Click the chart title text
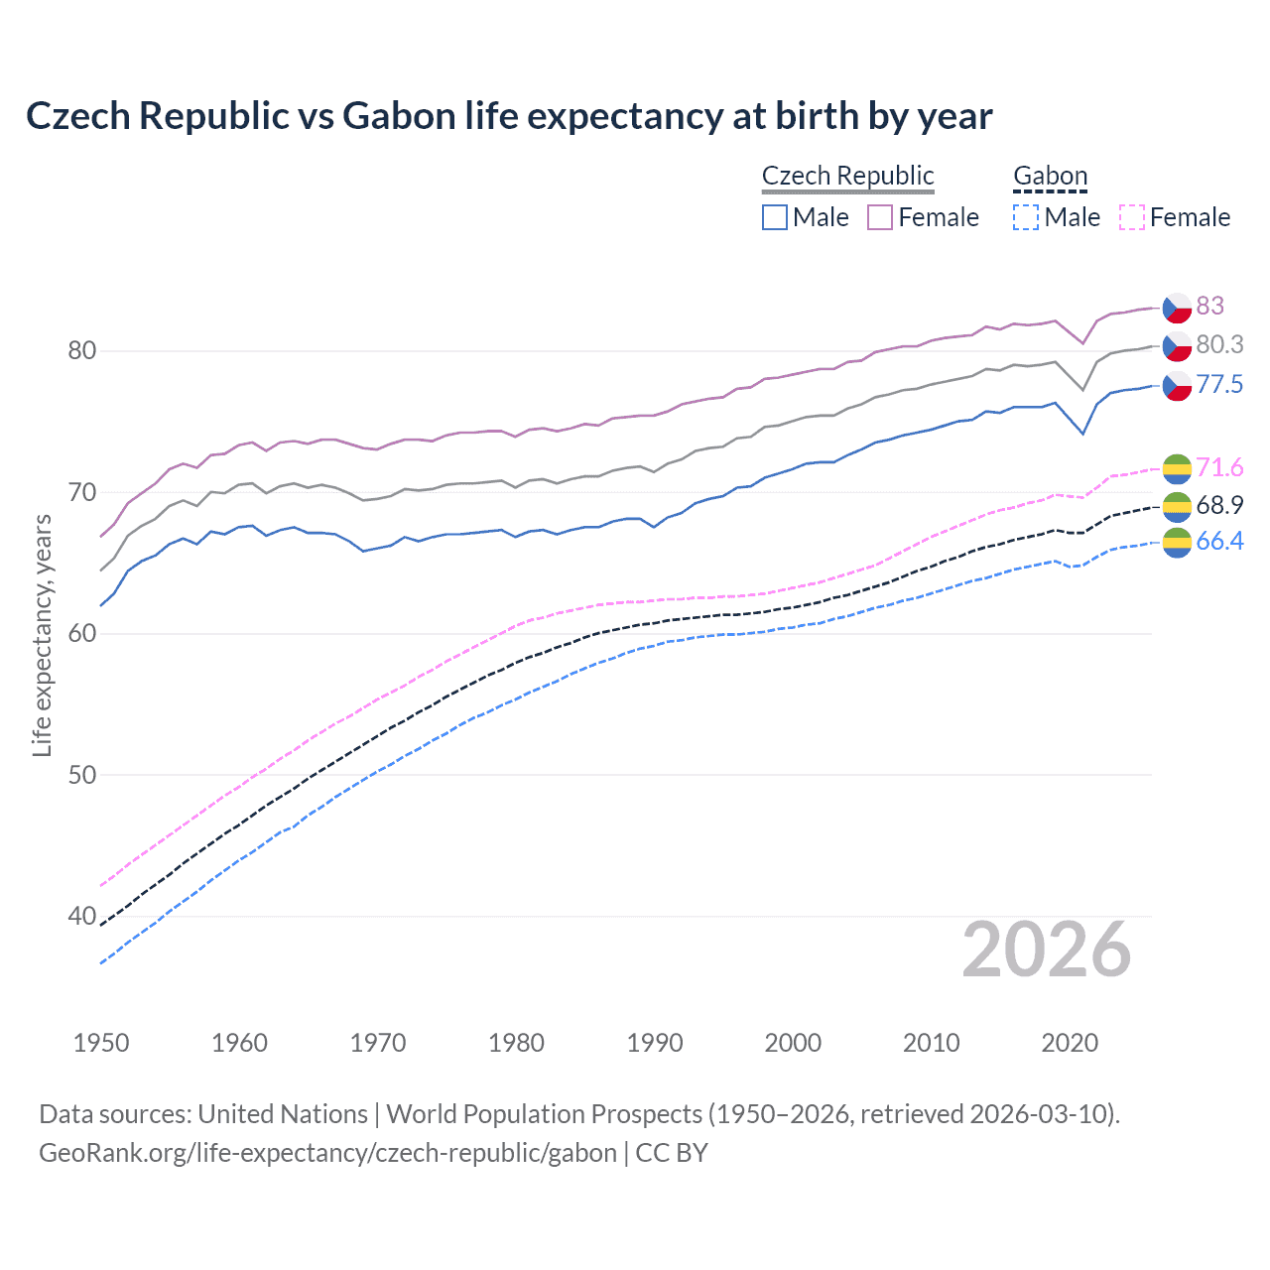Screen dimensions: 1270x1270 508,116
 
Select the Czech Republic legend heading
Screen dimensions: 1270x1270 847,176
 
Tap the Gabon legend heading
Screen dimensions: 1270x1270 1050,176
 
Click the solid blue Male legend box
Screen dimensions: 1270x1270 775,217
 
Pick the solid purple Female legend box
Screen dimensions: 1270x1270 880,217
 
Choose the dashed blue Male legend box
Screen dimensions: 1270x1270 1026,217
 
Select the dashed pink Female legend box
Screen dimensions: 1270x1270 1131,217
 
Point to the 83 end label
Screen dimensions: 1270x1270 1209,306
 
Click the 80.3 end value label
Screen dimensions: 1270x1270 1218,344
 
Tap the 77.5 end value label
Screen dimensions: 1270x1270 1218,384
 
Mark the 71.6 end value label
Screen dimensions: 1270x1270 1218,467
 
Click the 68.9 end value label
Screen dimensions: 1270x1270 1218,505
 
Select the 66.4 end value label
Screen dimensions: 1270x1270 1218,541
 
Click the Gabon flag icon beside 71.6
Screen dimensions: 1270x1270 1177,468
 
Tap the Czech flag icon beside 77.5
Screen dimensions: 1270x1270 1177,385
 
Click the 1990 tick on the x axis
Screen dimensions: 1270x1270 655,1043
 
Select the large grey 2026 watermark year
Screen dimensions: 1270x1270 1046,950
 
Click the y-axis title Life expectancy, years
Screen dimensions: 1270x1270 42,635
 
